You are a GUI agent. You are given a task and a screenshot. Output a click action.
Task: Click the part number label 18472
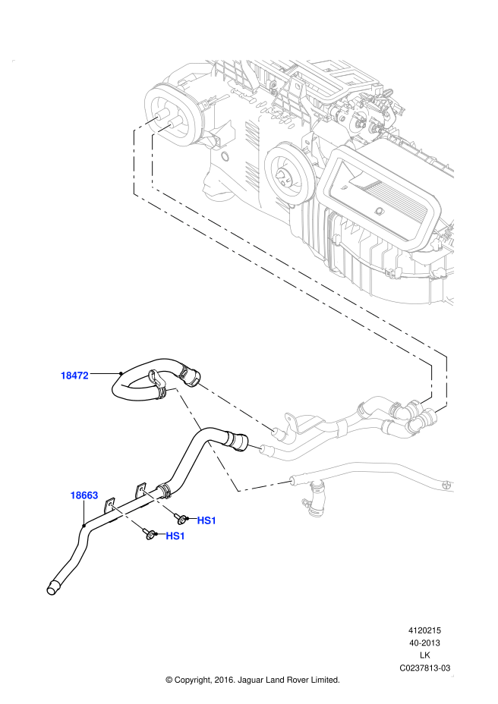(x=75, y=375)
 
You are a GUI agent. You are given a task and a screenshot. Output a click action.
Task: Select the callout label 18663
(x=84, y=495)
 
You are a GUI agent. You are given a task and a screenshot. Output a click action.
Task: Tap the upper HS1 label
(x=206, y=520)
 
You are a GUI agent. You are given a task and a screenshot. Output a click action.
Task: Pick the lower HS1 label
(x=175, y=536)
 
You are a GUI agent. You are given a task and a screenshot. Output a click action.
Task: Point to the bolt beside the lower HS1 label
(x=150, y=535)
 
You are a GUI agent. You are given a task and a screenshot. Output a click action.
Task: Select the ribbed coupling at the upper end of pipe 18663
(x=239, y=441)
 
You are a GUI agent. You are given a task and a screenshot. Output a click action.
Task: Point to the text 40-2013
(x=425, y=643)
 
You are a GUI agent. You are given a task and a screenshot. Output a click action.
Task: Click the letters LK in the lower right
(x=425, y=655)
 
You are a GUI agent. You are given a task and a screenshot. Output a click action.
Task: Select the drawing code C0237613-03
(x=425, y=668)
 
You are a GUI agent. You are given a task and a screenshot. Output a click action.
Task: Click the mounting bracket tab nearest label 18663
(x=111, y=508)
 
